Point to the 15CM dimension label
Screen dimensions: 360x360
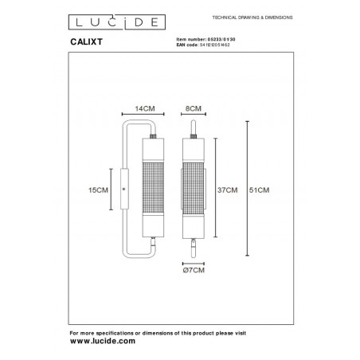97,190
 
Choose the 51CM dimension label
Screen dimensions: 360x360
260,190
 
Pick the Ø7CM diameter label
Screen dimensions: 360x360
194,272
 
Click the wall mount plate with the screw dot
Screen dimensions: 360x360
123,190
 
